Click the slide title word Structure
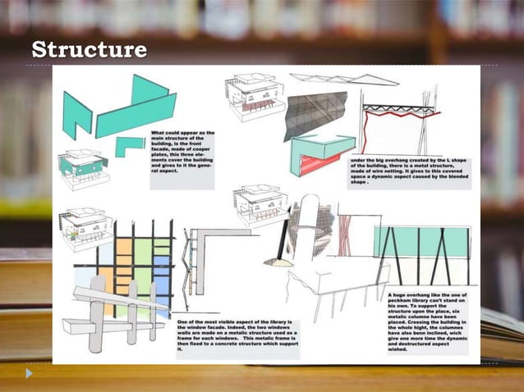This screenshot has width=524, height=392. click(x=88, y=51)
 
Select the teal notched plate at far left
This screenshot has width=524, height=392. click(x=77, y=115)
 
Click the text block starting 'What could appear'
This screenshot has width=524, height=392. click(x=181, y=153)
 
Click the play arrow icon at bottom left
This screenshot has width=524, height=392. click(x=30, y=374)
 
